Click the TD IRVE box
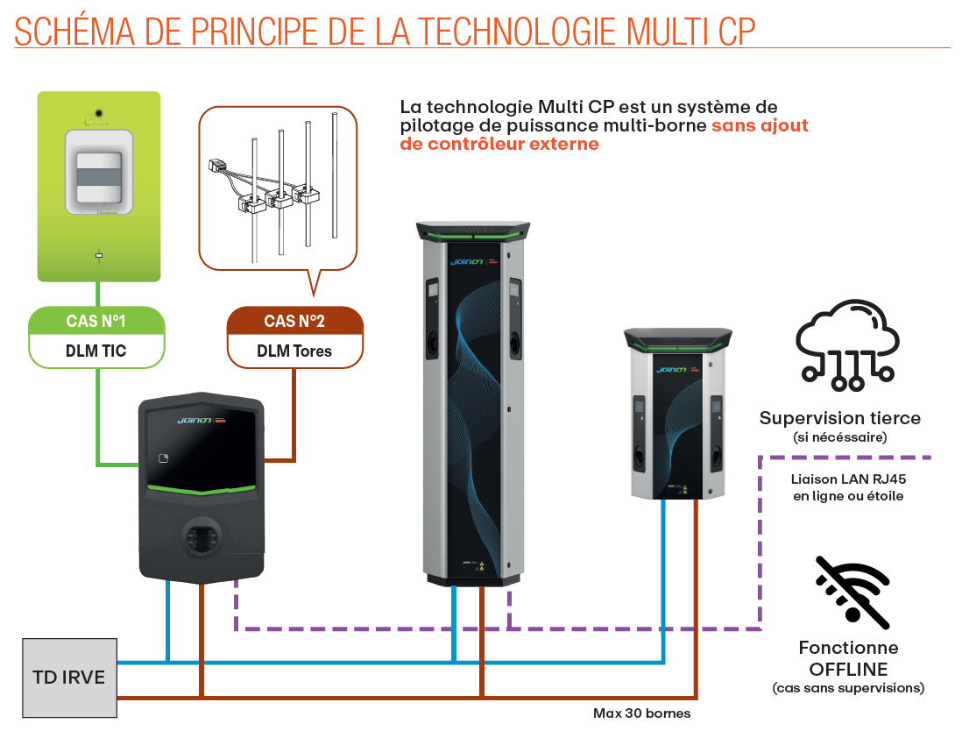[x=69, y=678]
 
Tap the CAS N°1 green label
[x=95, y=321]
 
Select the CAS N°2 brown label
[x=294, y=321]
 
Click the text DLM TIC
[x=95, y=351]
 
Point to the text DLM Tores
[x=294, y=351]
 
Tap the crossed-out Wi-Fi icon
[x=852, y=592]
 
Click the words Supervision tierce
[x=839, y=418]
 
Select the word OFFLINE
[x=847, y=669]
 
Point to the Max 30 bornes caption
[x=641, y=713]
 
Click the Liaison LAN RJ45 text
[x=846, y=479]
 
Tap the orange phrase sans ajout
[x=760, y=125]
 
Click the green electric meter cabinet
[x=99, y=186]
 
